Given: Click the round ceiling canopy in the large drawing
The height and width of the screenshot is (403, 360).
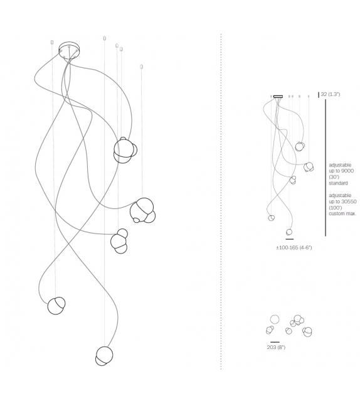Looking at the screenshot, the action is click(69, 50).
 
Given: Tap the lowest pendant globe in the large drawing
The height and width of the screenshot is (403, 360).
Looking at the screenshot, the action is click(104, 356).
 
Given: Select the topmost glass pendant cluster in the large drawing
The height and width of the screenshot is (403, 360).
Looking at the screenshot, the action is click(125, 151).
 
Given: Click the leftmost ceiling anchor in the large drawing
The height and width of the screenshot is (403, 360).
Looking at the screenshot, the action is click(52, 42).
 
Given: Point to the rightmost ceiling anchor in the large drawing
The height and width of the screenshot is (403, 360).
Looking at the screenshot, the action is click(142, 67).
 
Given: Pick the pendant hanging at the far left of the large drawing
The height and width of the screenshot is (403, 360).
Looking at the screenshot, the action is click(56, 306).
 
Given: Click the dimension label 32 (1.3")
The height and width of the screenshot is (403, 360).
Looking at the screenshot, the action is click(331, 94).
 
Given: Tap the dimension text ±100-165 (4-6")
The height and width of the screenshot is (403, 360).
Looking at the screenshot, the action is click(294, 247).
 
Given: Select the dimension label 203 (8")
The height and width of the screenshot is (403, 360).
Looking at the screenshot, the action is click(276, 347).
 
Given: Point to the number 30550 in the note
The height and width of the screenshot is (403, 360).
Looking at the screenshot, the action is click(349, 201).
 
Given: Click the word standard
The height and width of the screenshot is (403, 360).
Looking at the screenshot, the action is click(338, 183).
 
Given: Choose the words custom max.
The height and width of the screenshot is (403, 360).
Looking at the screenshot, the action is click(342, 213).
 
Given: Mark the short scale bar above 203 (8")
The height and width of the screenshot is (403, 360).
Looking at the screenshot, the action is click(275, 342).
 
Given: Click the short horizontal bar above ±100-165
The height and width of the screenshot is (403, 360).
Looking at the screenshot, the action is click(289, 239).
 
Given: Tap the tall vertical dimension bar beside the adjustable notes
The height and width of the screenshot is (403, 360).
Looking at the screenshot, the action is click(326, 168).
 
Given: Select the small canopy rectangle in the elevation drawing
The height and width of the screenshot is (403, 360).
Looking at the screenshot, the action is click(278, 97).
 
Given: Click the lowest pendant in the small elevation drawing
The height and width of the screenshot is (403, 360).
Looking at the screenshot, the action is click(289, 232).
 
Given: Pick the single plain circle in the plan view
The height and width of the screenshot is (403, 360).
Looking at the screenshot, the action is click(275, 320).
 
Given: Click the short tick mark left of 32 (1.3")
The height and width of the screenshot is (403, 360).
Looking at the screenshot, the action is click(319, 95).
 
